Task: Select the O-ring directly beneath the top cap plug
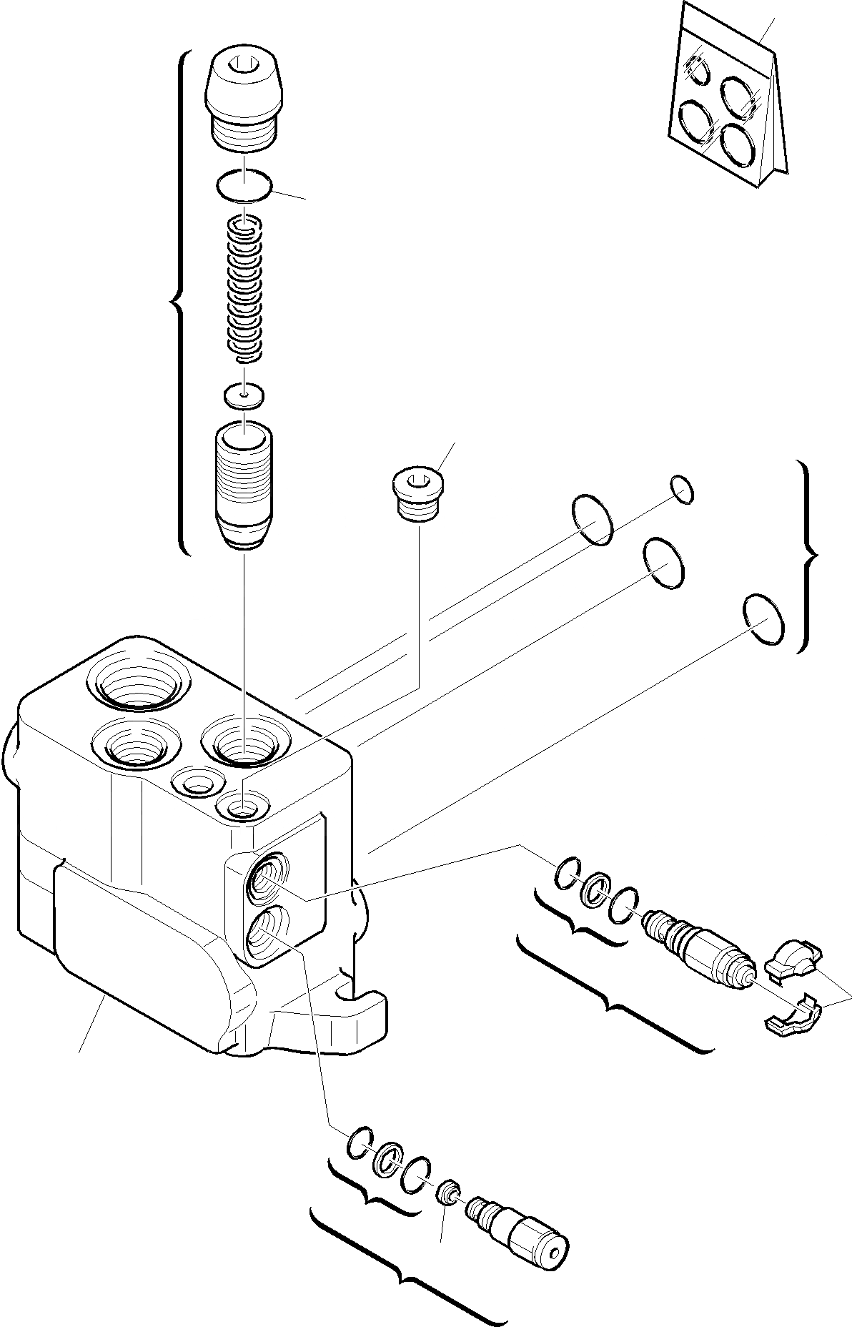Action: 244,187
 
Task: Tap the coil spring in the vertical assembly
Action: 244,289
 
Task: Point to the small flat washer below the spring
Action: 244,393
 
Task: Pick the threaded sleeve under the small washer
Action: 244,486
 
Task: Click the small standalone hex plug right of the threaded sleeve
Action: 419,494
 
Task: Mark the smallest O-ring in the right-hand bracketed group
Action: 682,490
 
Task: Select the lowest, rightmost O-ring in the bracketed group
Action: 764,621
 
